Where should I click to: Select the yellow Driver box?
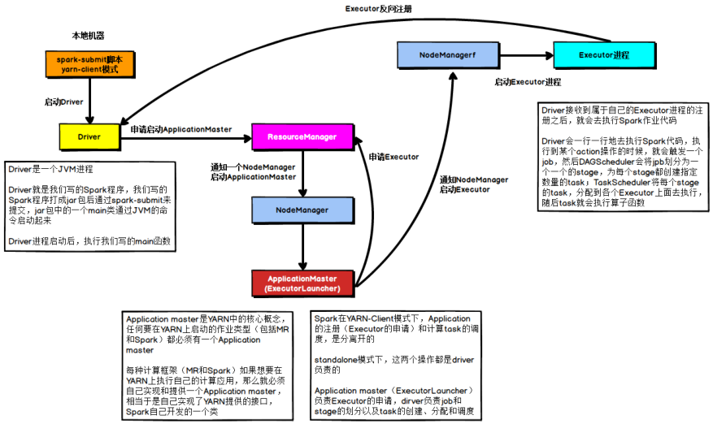(x=89, y=136)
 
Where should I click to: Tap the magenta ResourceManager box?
(x=302, y=136)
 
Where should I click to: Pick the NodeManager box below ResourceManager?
(x=302, y=210)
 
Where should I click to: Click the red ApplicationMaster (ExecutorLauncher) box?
(x=302, y=283)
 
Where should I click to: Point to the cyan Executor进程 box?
(x=603, y=54)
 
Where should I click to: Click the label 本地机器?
(x=88, y=36)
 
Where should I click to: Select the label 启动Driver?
(x=64, y=102)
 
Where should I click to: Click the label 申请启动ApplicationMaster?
(x=180, y=129)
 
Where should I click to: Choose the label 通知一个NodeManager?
(x=252, y=167)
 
